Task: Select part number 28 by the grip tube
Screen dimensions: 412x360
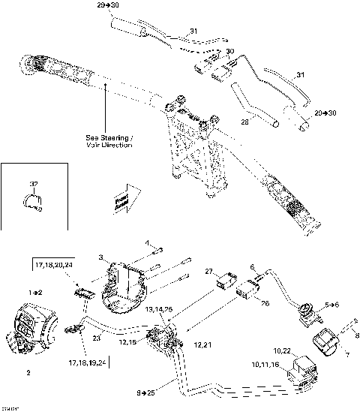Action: pyautogui.click(x=244, y=121)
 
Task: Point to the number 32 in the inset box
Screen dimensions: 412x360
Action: pyautogui.click(x=33, y=182)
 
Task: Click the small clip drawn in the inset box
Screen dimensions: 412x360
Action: pyautogui.click(x=32, y=200)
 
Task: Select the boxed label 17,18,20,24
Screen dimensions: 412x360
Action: pyautogui.click(x=55, y=264)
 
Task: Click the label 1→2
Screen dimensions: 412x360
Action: pyautogui.click(x=35, y=290)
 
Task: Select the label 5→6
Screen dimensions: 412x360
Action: pyautogui.click(x=331, y=305)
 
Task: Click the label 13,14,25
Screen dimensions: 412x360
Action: pyautogui.click(x=159, y=309)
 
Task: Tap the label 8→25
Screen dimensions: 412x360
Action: pyautogui.click(x=146, y=392)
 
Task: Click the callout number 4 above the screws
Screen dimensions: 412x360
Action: pyautogui.click(x=148, y=242)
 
